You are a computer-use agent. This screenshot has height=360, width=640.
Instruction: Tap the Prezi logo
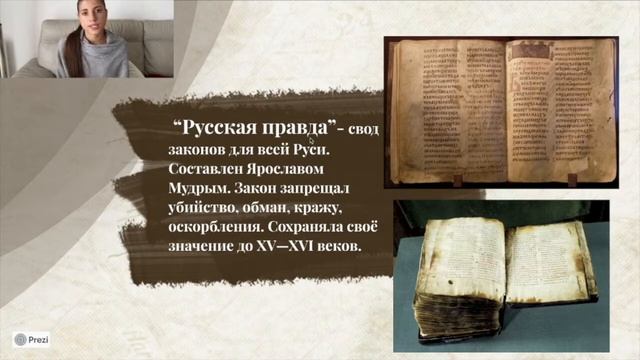(x=31, y=340)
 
